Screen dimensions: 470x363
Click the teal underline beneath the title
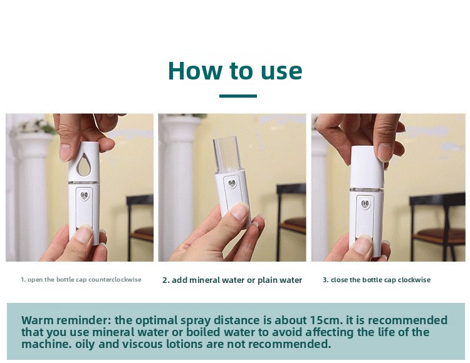[x=238, y=96]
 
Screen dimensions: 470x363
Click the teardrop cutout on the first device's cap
[x=83, y=165]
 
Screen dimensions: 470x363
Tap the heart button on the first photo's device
[x=85, y=196]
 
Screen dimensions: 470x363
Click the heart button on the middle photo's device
[x=232, y=183]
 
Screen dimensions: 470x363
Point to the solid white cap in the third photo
[x=367, y=166]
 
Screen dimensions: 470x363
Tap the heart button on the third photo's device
[x=365, y=205]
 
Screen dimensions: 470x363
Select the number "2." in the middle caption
[x=166, y=280]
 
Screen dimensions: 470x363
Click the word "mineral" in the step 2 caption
[x=204, y=280]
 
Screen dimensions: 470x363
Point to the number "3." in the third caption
[x=325, y=280]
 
